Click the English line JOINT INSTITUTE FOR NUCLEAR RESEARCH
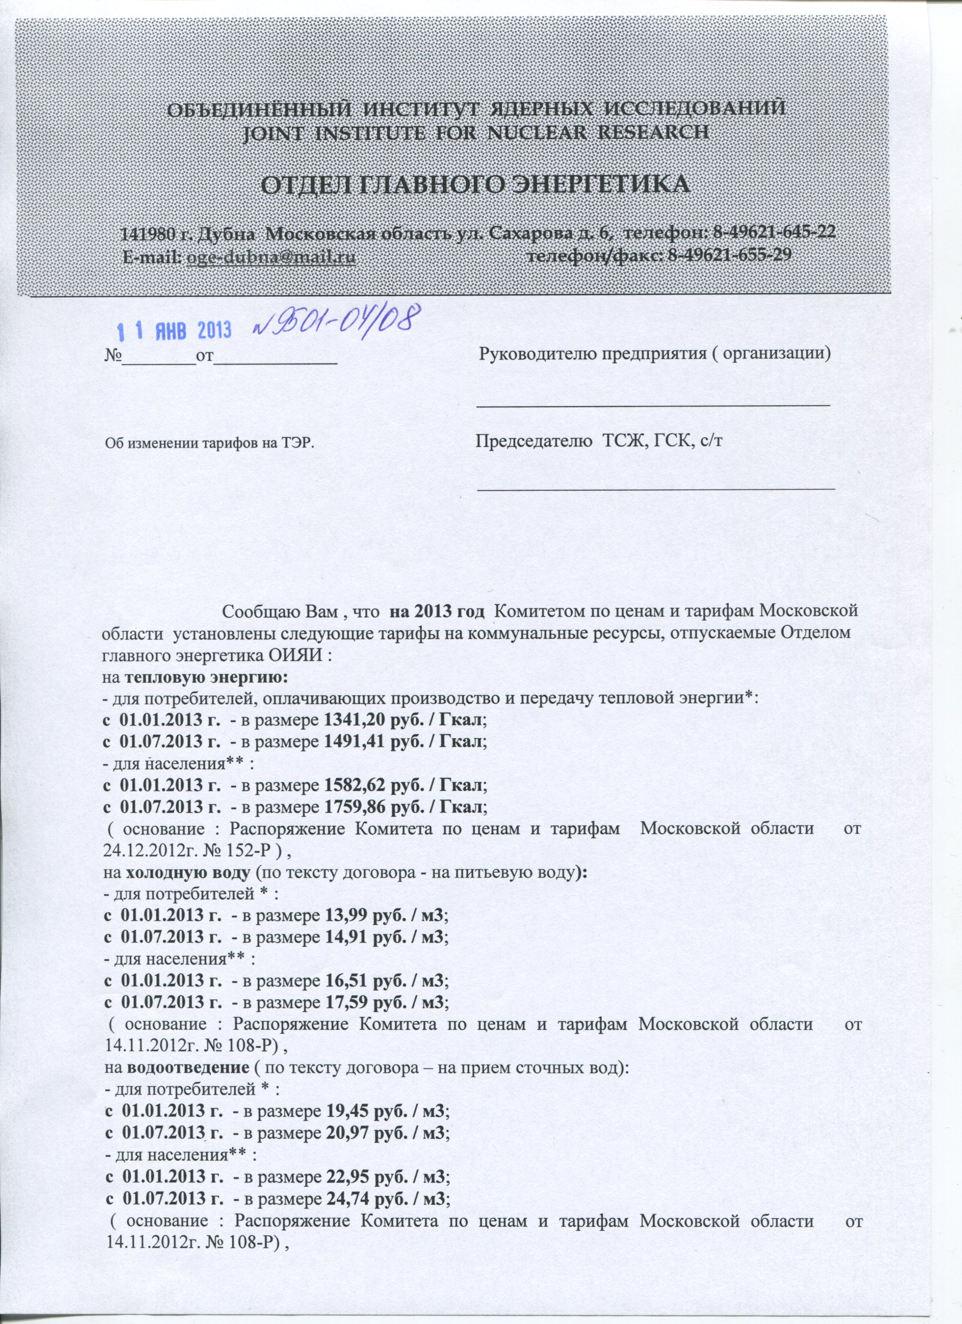(476, 132)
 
